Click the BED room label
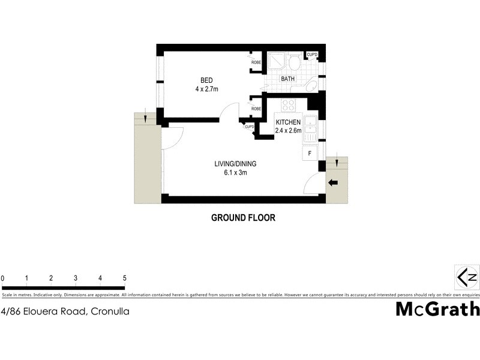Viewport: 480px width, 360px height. (x=206, y=80)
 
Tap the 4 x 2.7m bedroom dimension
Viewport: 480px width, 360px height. (x=206, y=89)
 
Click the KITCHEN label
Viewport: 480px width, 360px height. (x=288, y=122)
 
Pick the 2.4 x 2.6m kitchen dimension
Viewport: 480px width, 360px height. (x=288, y=130)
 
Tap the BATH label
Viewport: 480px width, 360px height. (x=288, y=79)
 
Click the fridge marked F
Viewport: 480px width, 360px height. (x=310, y=152)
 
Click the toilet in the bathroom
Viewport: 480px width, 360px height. (x=294, y=62)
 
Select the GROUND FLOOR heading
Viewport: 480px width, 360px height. (x=243, y=218)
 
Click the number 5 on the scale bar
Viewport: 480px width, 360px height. (x=124, y=278)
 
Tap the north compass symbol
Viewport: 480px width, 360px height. (x=468, y=277)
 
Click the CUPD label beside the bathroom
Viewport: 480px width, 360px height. (x=312, y=55)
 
